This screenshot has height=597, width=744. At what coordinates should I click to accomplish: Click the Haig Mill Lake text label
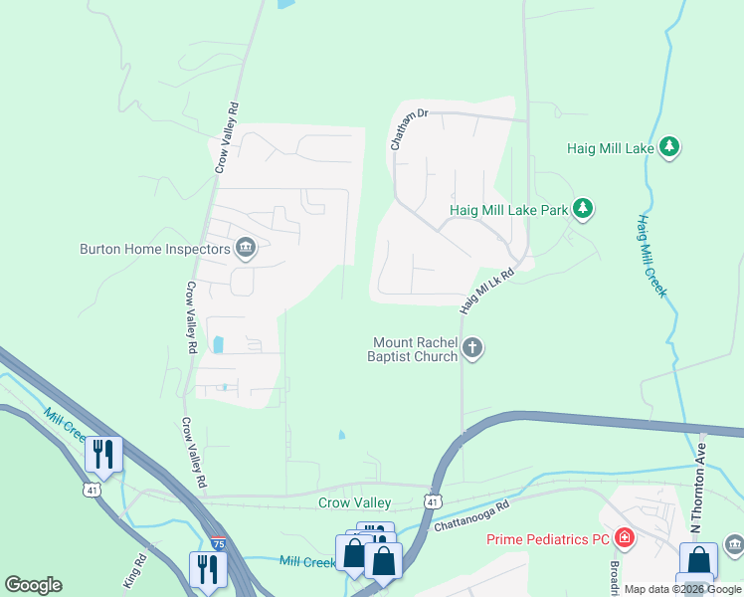610,148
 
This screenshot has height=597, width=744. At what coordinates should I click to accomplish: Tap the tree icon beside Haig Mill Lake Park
583,209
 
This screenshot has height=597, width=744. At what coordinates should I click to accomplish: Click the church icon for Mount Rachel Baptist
472,348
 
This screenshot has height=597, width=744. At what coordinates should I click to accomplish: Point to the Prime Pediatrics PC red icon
625,539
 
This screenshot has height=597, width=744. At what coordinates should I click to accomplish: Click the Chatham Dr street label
408,129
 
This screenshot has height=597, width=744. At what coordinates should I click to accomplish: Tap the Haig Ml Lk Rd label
486,293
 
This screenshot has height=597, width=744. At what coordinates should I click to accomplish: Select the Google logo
33,585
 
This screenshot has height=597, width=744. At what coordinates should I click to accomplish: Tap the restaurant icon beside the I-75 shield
207,570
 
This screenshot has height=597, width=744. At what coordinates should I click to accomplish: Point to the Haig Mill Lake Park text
508,210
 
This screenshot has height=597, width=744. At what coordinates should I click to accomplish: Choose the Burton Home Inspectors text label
153,249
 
